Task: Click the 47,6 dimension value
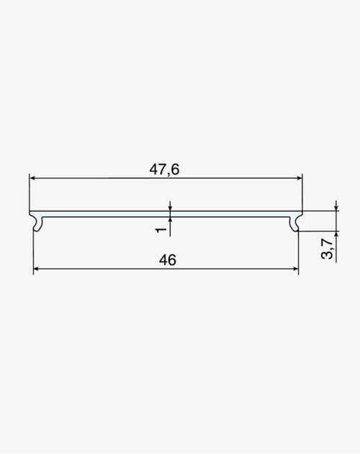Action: tap(164, 169)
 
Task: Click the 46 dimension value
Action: tap(168, 260)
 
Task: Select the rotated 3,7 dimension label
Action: tap(328, 249)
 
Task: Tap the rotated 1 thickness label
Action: tap(161, 230)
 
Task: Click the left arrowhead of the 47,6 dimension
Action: tap(32, 178)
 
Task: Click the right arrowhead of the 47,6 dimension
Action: tap(300, 178)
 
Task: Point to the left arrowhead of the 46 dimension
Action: tap(37, 269)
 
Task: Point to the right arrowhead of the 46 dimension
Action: tap(295, 269)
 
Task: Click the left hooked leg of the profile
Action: tap(38, 224)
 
